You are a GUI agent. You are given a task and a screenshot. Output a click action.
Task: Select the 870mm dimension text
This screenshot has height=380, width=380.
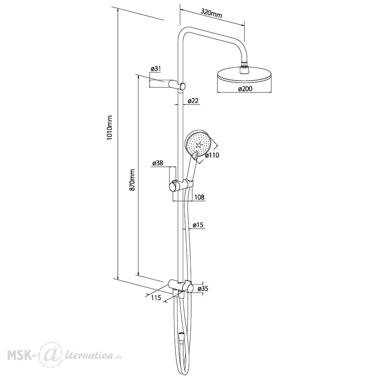click(x=132, y=180)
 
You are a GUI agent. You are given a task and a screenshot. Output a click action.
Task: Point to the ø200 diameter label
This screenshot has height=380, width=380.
click(x=245, y=89)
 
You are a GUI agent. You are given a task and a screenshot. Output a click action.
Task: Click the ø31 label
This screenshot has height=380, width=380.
click(x=155, y=68)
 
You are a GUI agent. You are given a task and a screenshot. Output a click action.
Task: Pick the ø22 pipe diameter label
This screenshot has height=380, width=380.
click(x=193, y=101)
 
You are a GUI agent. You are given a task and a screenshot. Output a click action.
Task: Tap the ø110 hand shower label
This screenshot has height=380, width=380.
click(x=212, y=155)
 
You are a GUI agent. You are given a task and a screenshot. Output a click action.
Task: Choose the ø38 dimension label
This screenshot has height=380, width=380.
click(x=158, y=163)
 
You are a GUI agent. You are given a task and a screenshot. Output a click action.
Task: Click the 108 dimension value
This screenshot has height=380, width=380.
click(x=199, y=197)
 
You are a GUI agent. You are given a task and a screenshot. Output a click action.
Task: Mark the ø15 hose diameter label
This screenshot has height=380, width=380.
click(x=198, y=225)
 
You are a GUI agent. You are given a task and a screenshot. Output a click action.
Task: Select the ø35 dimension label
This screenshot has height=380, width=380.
click(x=203, y=288)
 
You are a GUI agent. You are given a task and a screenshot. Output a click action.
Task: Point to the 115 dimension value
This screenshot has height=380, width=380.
click(x=156, y=298)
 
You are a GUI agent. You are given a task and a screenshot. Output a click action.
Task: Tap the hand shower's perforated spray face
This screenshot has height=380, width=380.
click(x=198, y=144)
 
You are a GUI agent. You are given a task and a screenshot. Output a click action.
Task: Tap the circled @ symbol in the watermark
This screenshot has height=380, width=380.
click(x=50, y=355)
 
